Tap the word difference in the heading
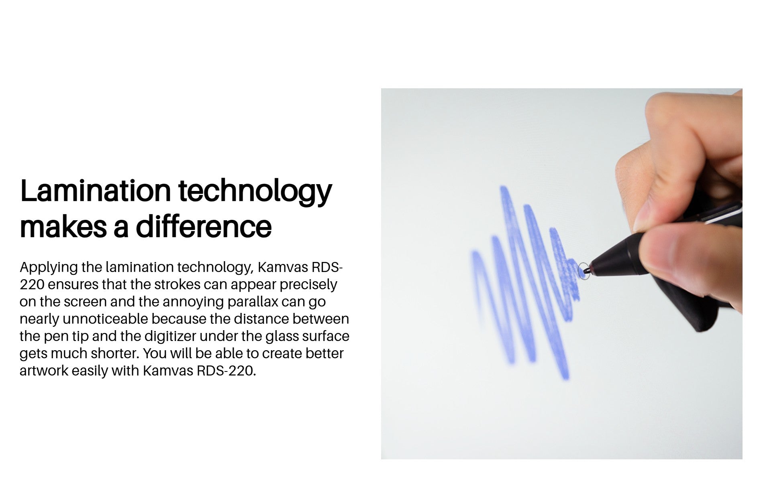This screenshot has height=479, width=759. click(204, 226)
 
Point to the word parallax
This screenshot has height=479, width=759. click(253, 302)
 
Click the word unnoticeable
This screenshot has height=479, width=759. click(105, 319)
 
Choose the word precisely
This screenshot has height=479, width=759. click(308, 285)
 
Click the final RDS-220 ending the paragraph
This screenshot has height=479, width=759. click(226, 371)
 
